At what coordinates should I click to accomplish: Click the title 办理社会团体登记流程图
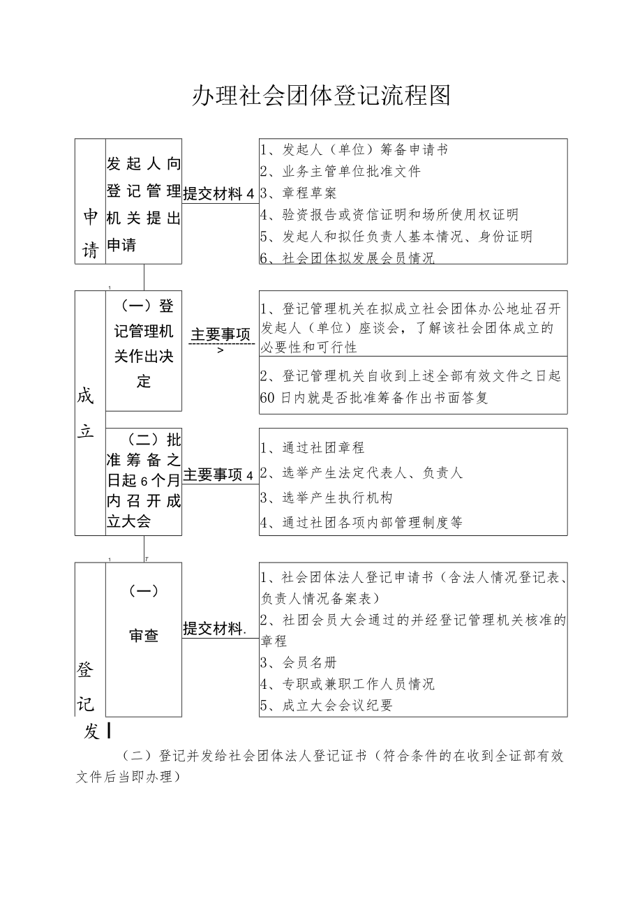point(321,96)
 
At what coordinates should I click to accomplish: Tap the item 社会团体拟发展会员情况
point(358,258)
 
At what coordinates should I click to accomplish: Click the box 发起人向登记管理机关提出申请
point(144,203)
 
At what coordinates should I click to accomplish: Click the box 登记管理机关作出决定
point(144,343)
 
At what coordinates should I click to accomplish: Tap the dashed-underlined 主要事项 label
point(221,335)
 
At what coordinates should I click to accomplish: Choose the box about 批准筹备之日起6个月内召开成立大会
point(144,481)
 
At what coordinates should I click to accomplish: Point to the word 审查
point(144,635)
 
